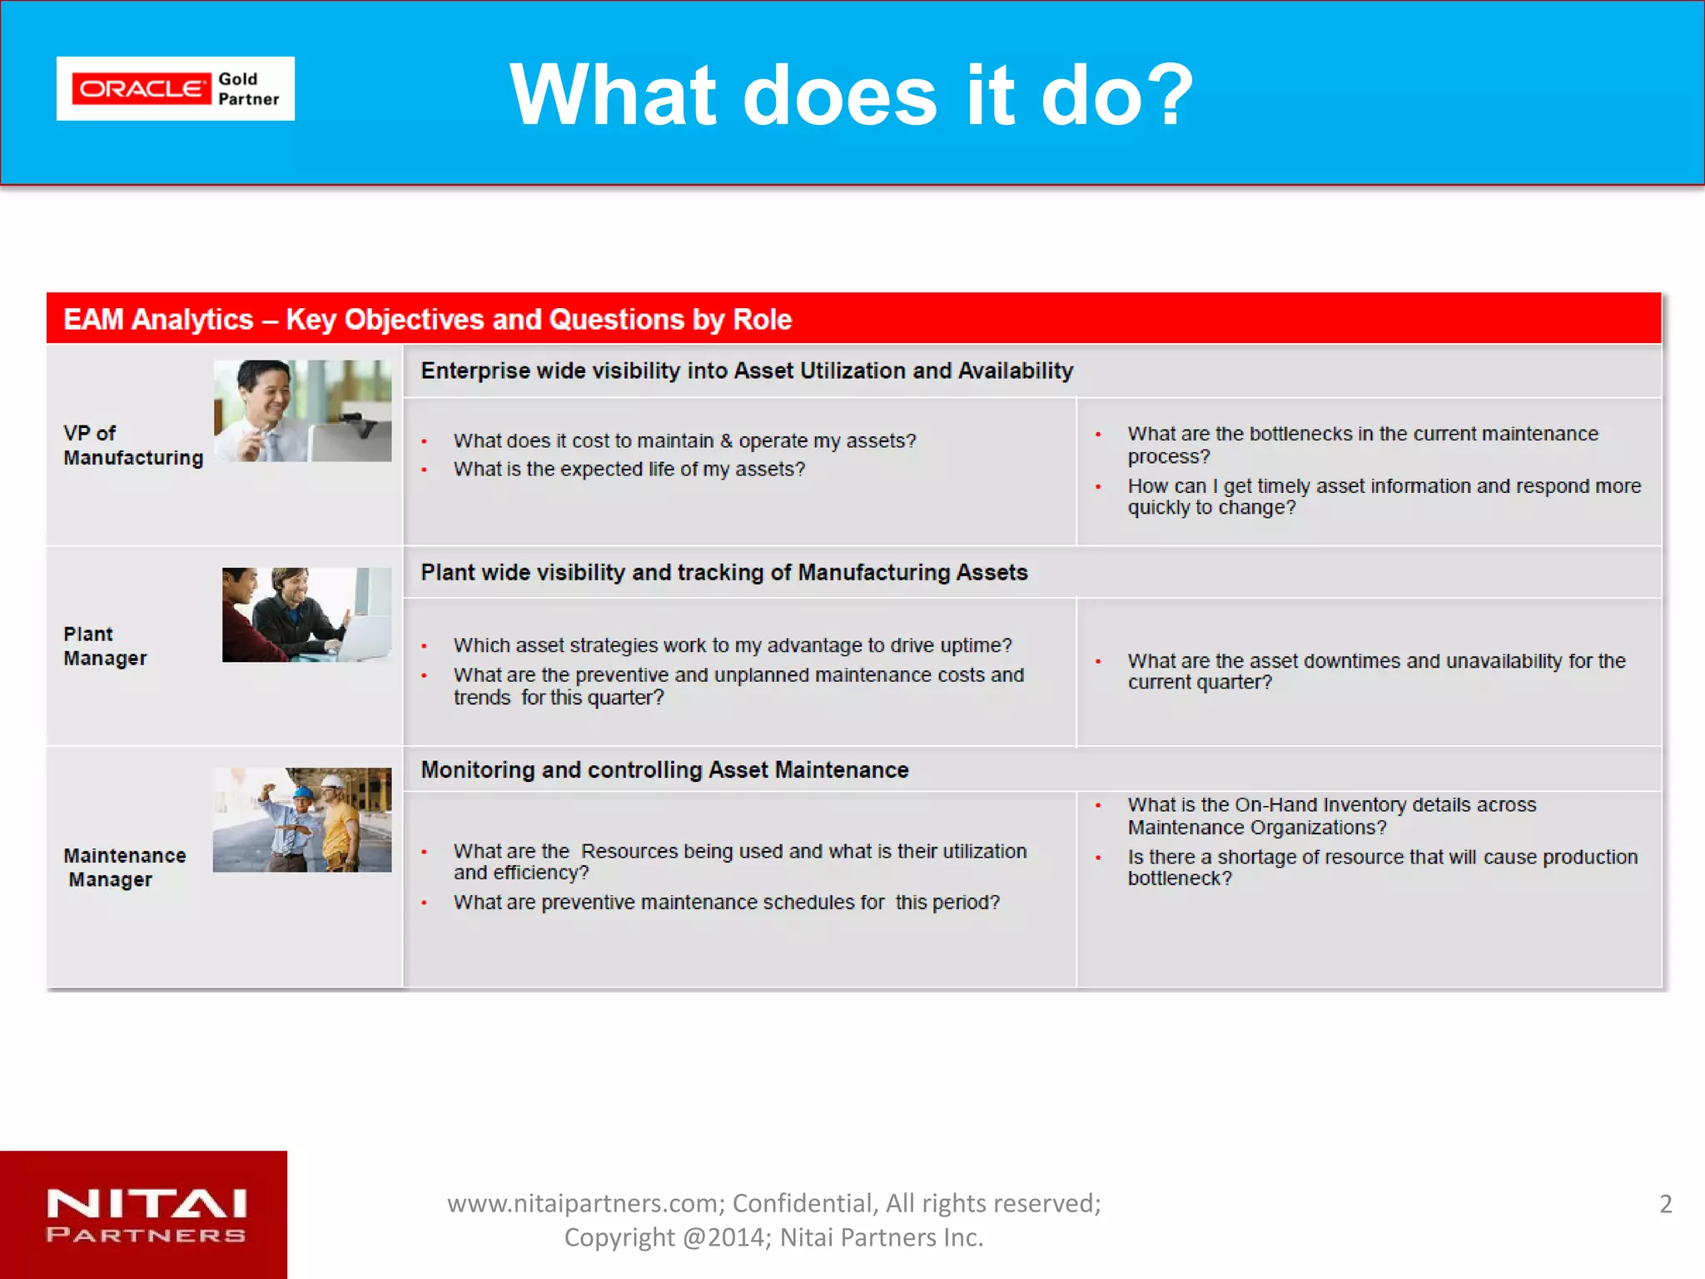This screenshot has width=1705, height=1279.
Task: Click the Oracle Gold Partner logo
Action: (175, 89)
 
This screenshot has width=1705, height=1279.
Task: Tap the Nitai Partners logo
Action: (146, 1216)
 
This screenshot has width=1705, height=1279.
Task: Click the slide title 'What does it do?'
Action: (851, 95)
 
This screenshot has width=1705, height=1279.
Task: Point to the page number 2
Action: (1665, 1204)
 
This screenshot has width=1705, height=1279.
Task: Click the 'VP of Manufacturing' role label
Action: (133, 445)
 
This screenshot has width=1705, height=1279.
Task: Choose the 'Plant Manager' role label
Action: (105, 646)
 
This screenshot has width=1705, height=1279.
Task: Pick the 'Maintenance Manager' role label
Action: (125, 868)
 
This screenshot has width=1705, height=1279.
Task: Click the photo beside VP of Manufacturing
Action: (302, 411)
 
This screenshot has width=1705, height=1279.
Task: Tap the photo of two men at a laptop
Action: (306, 615)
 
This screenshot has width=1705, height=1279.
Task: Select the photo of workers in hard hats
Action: (302, 820)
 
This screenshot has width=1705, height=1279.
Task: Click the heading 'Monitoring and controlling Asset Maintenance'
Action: (664, 770)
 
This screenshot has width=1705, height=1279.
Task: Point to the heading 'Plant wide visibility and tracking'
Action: (723, 573)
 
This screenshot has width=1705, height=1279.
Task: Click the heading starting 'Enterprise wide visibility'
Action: (747, 371)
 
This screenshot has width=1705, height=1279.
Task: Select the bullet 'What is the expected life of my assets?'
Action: (629, 470)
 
